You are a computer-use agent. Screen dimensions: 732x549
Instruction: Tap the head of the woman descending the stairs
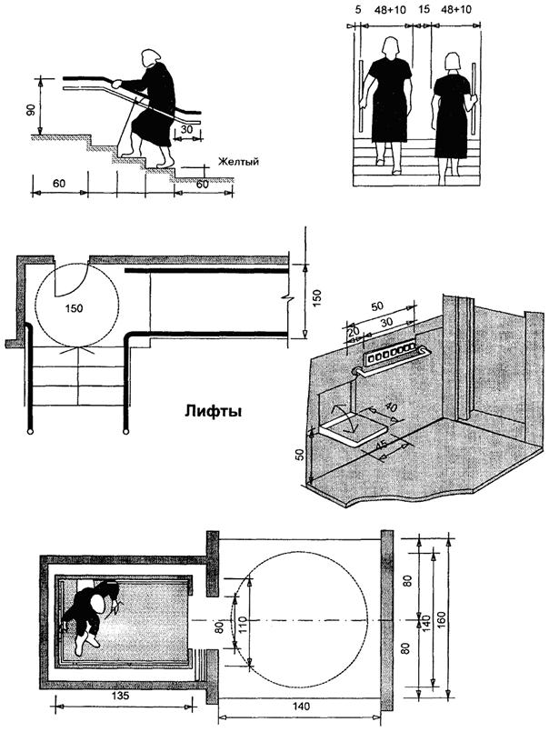pyautogui.click(x=151, y=59)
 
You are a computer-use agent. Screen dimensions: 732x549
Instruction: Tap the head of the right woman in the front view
pyautogui.click(x=452, y=62)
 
